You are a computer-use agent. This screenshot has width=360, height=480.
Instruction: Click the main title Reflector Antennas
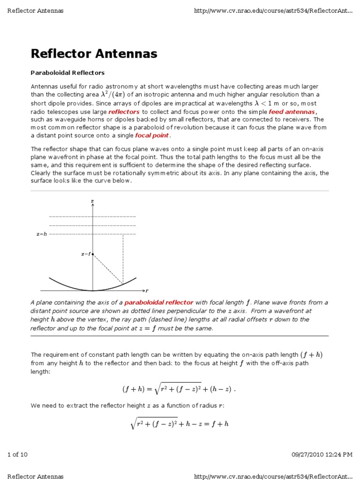click(94, 54)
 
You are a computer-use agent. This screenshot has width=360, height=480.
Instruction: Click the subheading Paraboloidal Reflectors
click(67, 73)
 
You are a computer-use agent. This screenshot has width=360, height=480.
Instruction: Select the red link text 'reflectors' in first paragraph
click(124, 112)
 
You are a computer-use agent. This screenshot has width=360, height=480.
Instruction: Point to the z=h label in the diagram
click(42, 234)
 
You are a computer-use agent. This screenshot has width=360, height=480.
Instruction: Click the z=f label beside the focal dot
click(85, 254)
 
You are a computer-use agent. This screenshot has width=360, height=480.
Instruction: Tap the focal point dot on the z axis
click(93, 254)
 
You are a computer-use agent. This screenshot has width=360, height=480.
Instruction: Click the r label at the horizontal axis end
click(147, 291)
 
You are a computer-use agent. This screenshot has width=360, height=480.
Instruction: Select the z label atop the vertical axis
click(92, 201)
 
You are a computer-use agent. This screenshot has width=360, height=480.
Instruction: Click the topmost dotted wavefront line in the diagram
click(92, 217)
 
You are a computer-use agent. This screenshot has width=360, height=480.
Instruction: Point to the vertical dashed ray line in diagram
click(123, 258)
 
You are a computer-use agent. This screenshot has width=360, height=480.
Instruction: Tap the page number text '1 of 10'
click(18, 454)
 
